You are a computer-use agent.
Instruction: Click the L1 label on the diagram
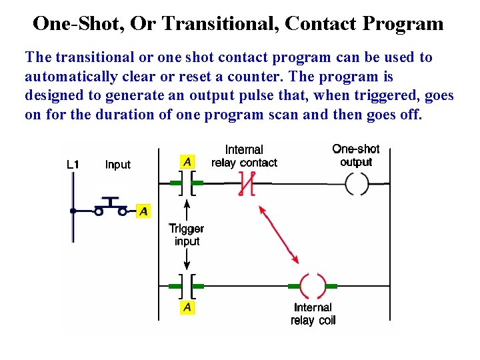click(x=75, y=165)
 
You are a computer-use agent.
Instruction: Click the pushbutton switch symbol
click(x=111, y=207)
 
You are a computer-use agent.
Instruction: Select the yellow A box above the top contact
click(x=187, y=162)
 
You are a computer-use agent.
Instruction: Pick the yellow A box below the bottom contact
click(x=187, y=307)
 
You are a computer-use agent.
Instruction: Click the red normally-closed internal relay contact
click(x=247, y=183)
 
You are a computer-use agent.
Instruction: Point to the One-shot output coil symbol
click(x=356, y=183)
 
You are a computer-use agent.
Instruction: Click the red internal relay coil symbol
click(x=313, y=286)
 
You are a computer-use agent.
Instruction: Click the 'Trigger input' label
click(x=187, y=235)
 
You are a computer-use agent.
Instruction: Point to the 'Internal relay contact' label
click(x=244, y=156)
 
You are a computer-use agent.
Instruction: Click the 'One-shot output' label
click(x=356, y=155)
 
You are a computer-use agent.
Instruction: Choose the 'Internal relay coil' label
click(x=313, y=314)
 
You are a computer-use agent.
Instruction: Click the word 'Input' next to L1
click(x=118, y=165)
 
